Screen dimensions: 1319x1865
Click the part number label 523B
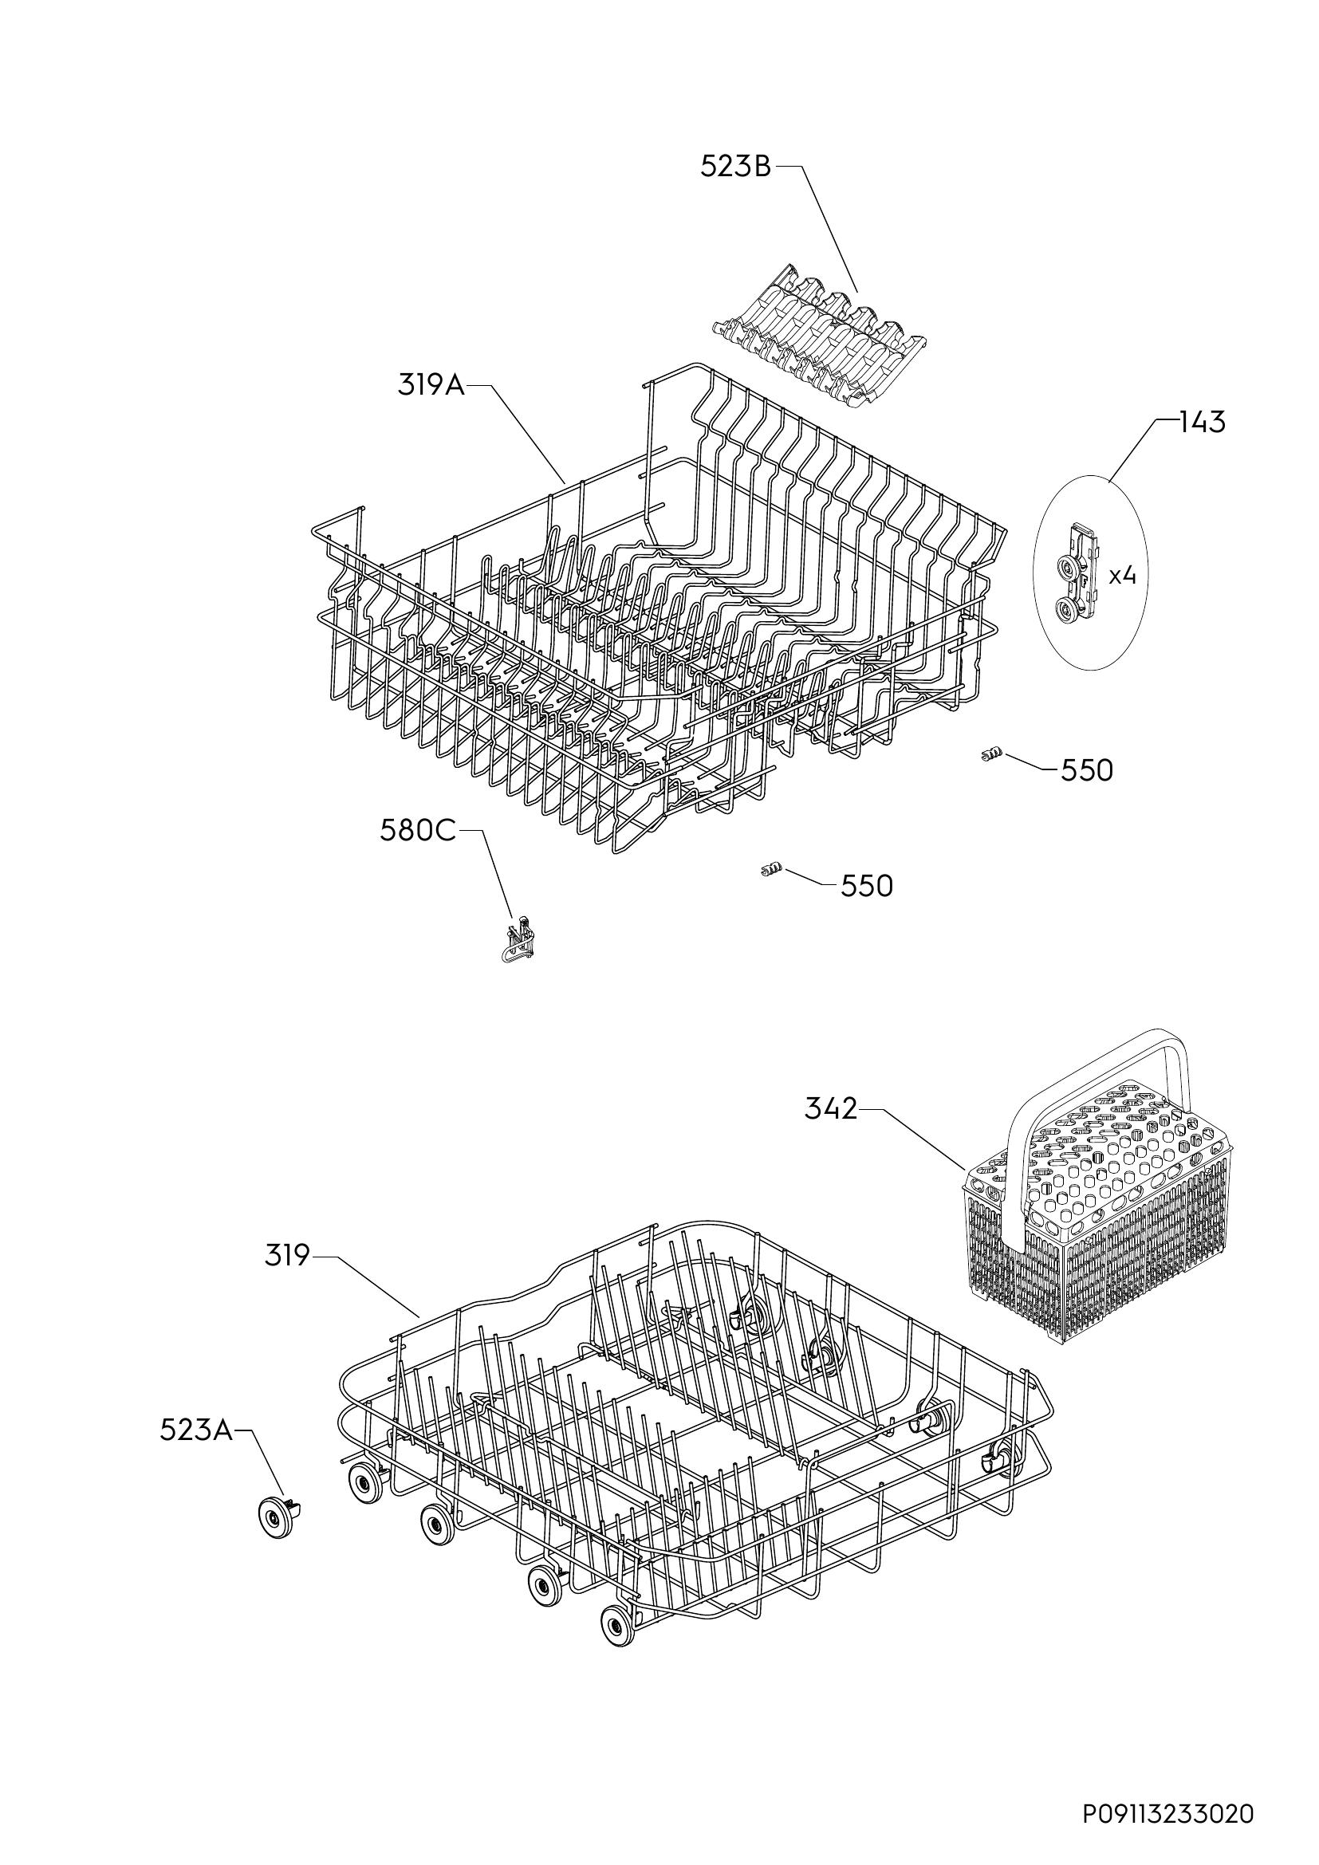pos(736,167)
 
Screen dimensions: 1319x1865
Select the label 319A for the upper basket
pos(431,385)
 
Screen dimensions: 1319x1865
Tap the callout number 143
pos(1202,423)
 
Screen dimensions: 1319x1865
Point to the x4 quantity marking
pos(1123,576)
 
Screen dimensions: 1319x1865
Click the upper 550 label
pos(1087,770)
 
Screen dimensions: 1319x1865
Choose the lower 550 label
pos(867,886)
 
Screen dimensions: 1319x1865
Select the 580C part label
pos(419,832)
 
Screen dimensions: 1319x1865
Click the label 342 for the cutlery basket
pos(831,1109)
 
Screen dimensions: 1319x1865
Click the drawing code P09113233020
pos(1169,1814)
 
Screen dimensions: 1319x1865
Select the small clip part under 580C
pos(520,939)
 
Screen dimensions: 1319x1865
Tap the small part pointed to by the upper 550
pos(988,757)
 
